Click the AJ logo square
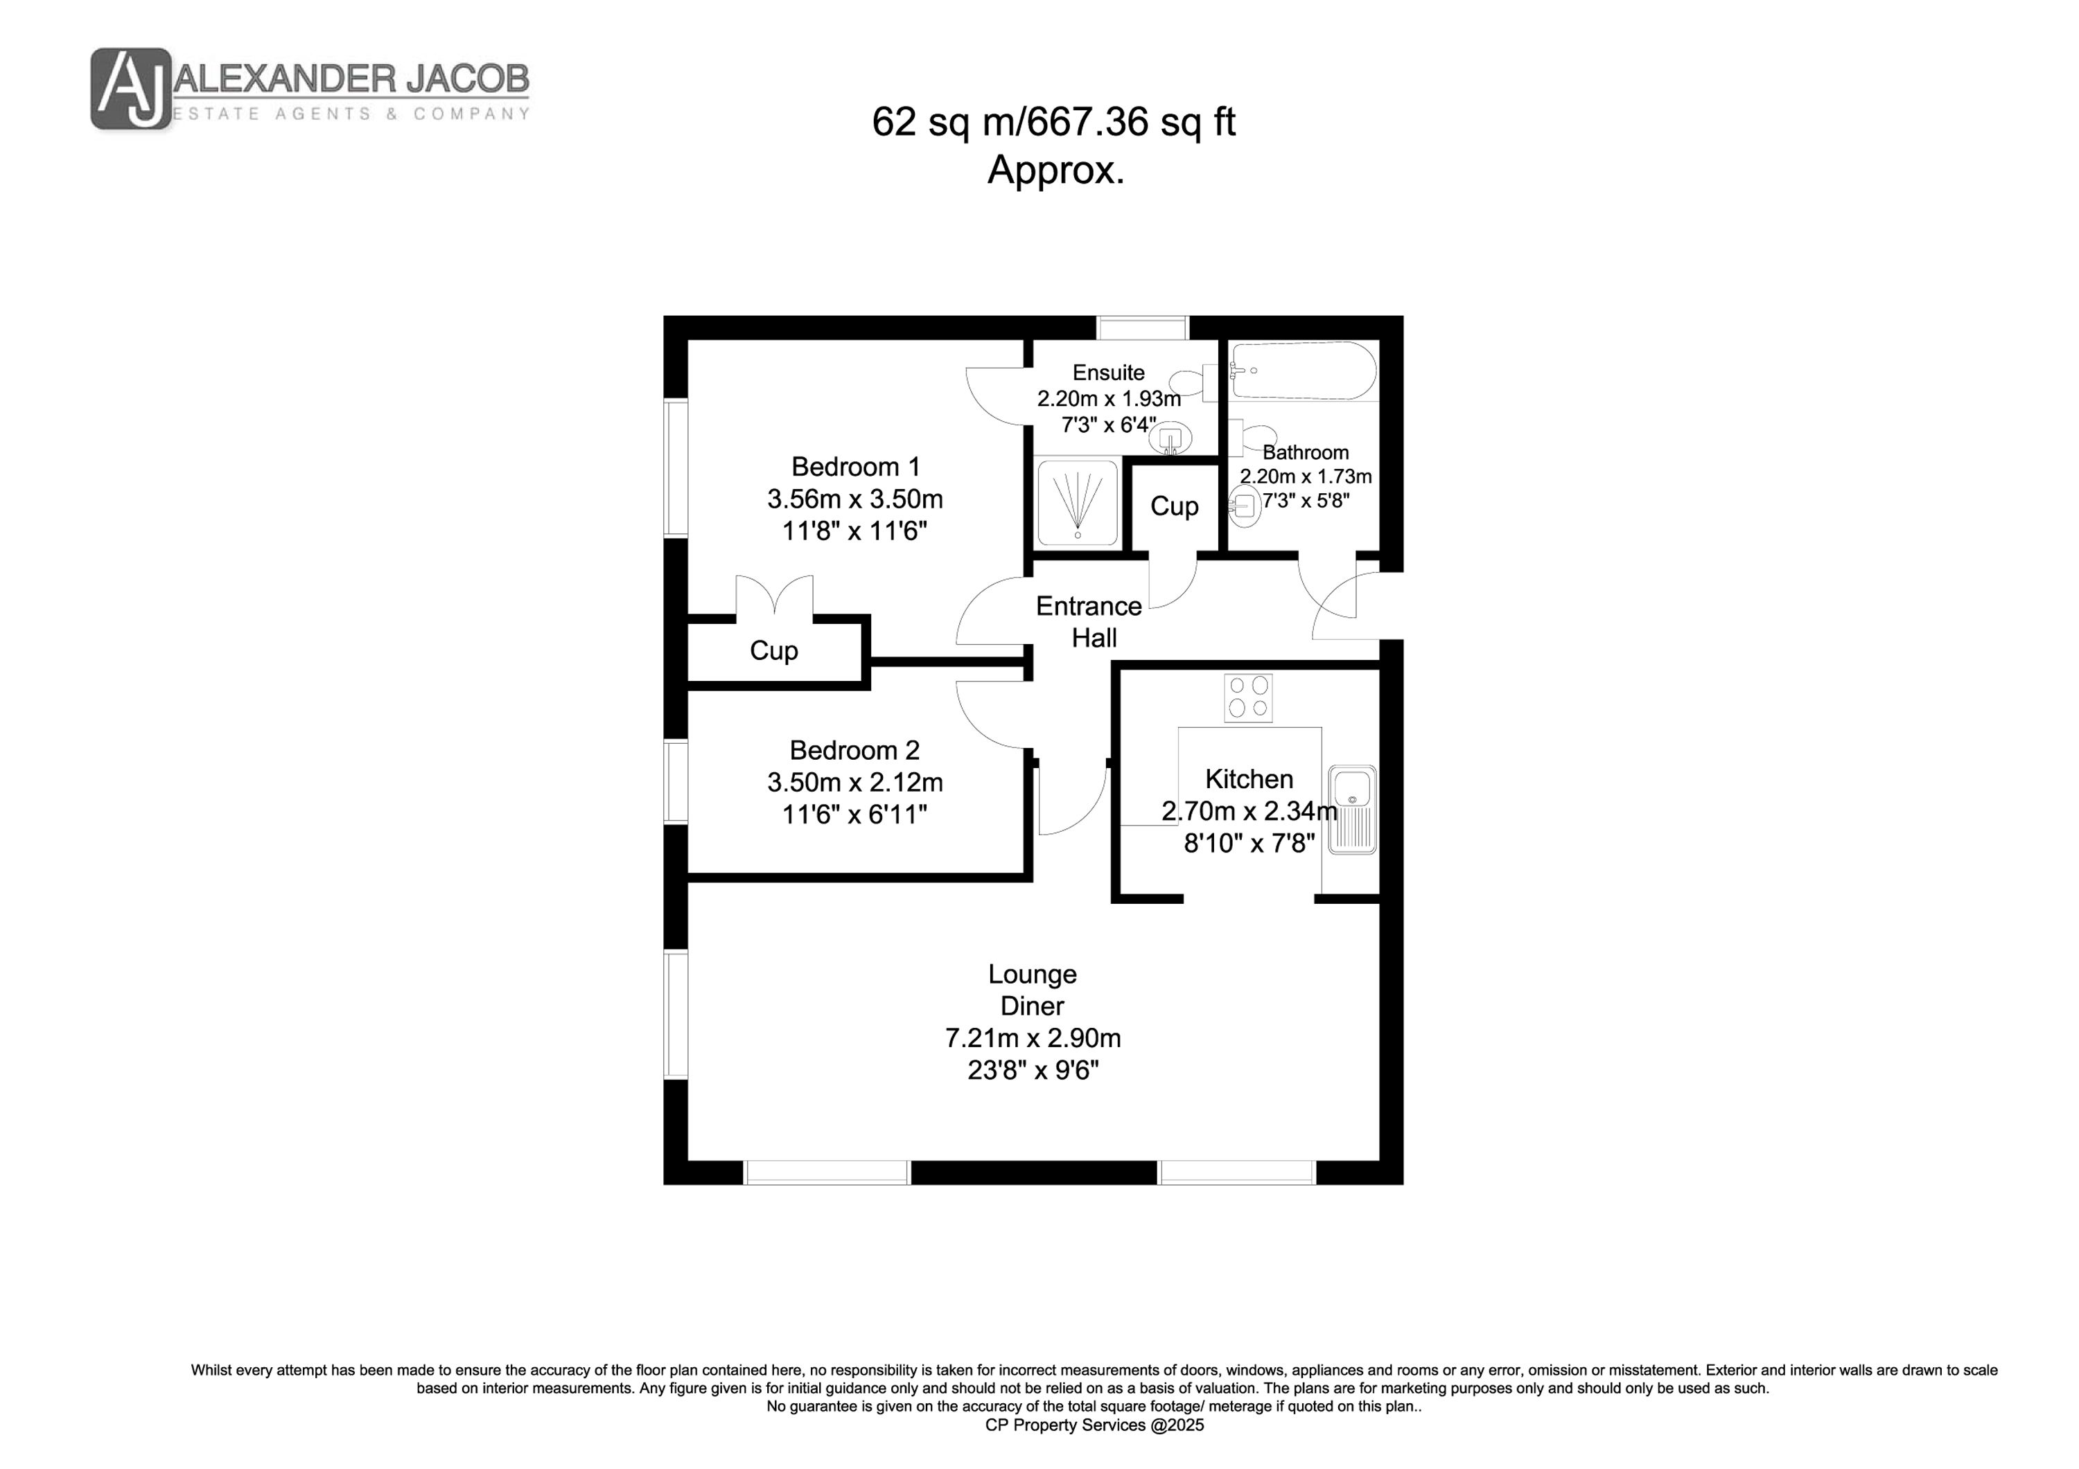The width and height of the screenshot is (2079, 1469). click(x=131, y=89)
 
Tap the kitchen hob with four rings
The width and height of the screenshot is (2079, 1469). click(x=1248, y=698)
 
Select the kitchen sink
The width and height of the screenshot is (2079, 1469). click(x=1353, y=810)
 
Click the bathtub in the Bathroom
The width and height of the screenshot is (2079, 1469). click(x=1302, y=371)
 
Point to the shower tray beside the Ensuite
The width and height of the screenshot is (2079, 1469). click(x=1077, y=504)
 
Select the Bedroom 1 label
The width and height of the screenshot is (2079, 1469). click(x=856, y=466)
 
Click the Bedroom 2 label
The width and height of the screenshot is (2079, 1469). click(x=854, y=749)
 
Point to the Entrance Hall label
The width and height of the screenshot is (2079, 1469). click(x=1089, y=622)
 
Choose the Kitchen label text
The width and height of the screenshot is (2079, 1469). click(x=1249, y=778)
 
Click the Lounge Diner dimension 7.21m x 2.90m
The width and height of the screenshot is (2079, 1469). click(x=1033, y=1038)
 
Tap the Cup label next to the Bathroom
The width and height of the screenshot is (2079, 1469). click(x=1175, y=506)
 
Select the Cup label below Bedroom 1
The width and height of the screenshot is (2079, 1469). click(x=773, y=651)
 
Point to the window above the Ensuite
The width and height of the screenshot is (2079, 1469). click(x=1142, y=327)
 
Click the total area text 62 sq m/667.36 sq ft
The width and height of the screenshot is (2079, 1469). click(x=1053, y=122)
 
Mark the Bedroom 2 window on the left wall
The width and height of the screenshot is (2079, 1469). click(x=676, y=782)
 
